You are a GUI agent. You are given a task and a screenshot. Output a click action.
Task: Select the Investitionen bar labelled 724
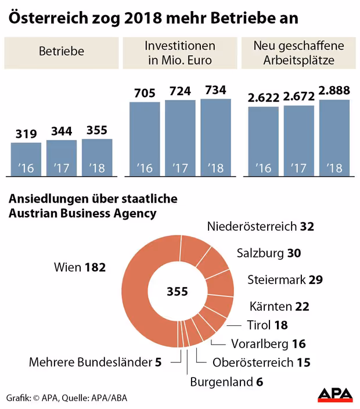[x=180, y=138]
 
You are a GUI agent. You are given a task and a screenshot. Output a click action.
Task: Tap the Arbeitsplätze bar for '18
[x=334, y=138]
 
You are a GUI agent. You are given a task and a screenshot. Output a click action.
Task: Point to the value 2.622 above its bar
[x=263, y=97]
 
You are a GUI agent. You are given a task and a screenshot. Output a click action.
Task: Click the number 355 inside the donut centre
[x=177, y=291]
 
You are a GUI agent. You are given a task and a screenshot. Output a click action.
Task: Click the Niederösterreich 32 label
[x=260, y=227]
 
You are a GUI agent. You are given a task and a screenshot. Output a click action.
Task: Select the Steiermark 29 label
[x=285, y=279]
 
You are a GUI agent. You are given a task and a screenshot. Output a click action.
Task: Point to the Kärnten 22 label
[x=279, y=306]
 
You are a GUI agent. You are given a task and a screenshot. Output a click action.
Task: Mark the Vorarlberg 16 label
[x=268, y=344]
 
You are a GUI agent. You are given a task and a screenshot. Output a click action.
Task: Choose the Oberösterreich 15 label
[x=261, y=363]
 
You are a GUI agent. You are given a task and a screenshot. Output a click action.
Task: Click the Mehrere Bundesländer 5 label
[x=95, y=363]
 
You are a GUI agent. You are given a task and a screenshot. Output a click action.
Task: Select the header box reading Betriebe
[x=62, y=51]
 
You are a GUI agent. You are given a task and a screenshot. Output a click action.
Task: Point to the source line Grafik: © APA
[x=67, y=397]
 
